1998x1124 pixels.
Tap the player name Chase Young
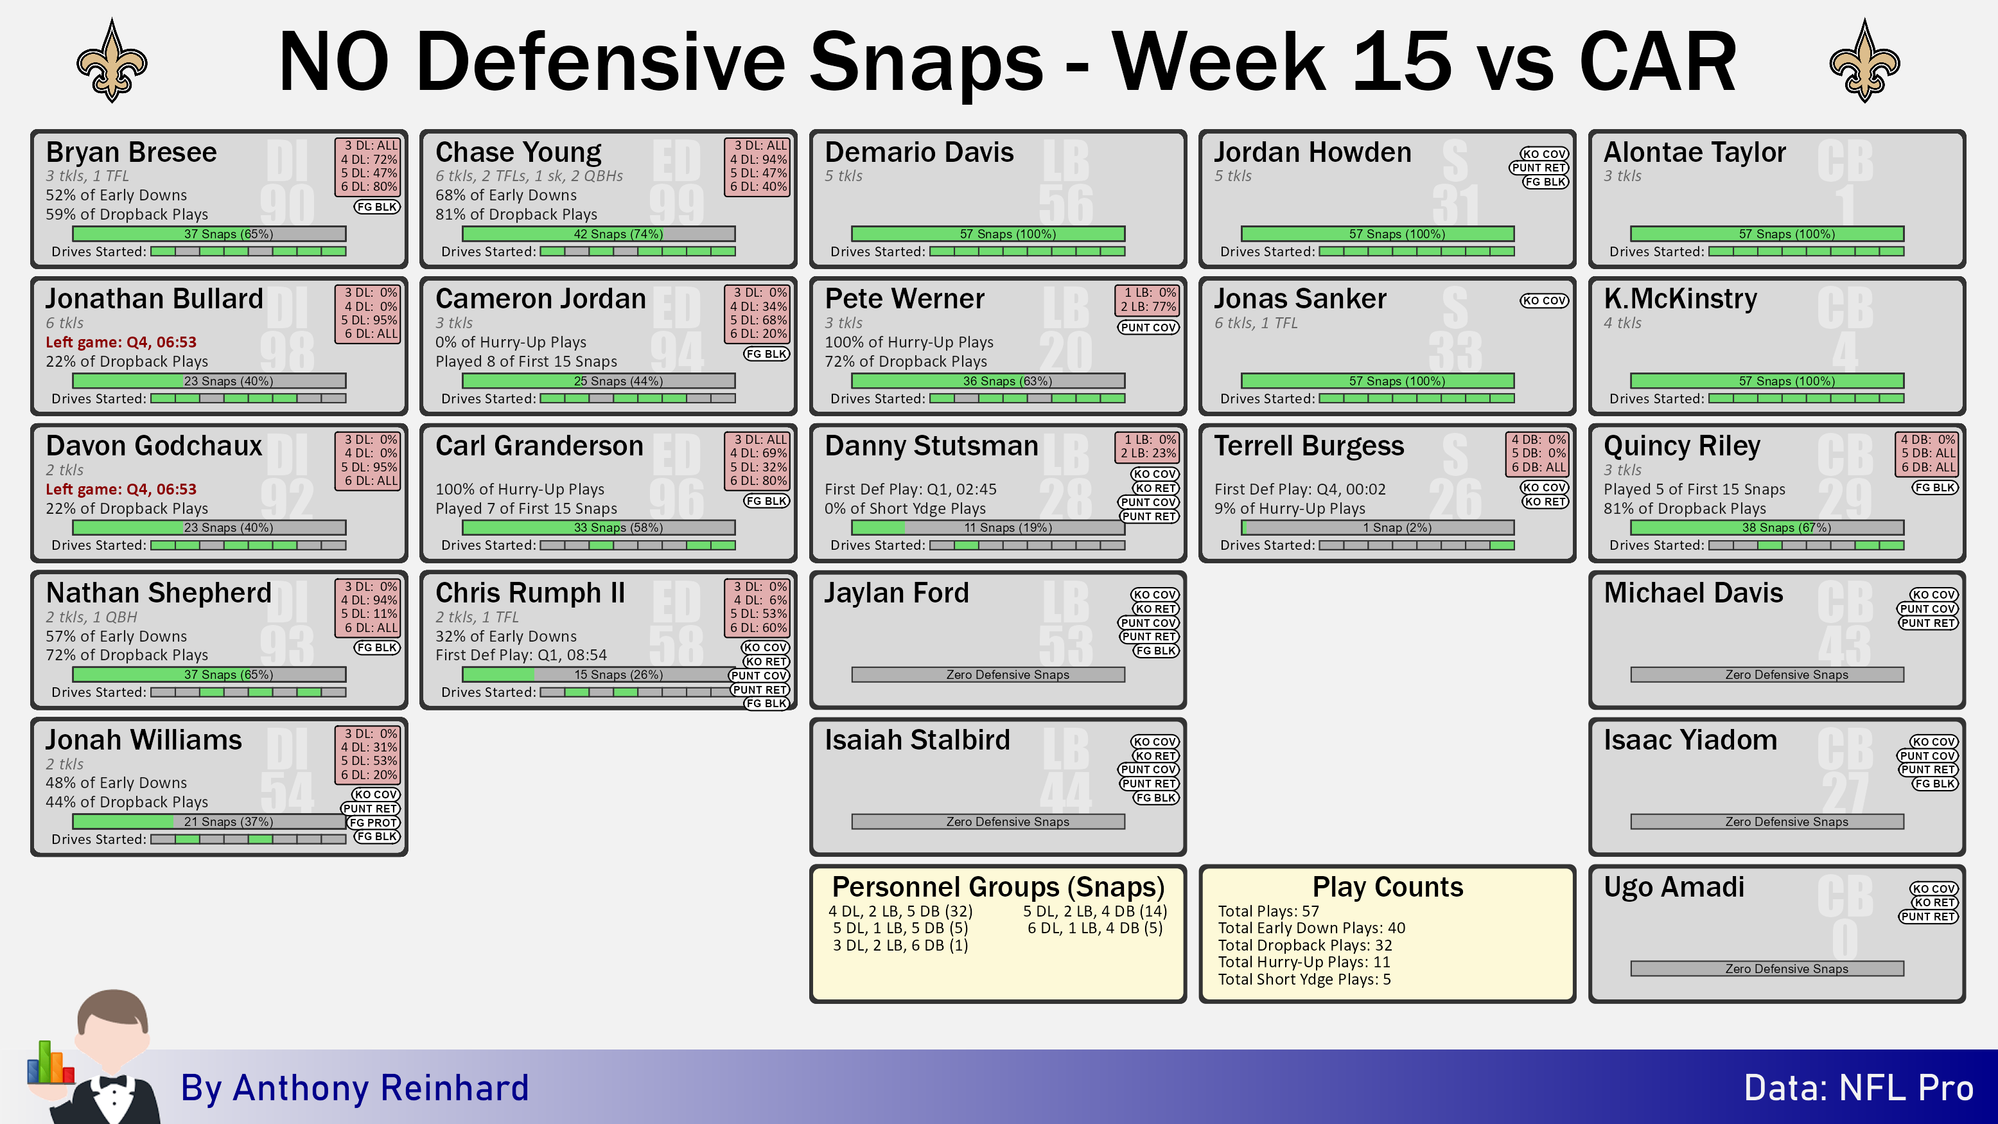518,152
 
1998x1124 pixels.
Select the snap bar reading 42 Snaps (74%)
599,234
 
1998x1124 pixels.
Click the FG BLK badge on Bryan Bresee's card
377,207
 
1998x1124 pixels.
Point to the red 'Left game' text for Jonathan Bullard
121,342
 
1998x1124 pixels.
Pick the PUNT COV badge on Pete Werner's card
1148,328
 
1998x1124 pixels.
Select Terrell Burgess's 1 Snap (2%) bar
1378,527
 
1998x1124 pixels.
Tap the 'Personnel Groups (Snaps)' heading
998,886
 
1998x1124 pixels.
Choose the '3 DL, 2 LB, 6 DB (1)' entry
900,945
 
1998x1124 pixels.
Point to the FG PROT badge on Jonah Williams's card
373,823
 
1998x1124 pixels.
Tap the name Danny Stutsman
931,446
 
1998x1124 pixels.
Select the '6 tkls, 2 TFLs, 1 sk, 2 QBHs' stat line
529,176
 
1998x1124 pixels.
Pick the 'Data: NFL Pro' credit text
1859,1088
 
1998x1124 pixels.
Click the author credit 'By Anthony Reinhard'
355,1088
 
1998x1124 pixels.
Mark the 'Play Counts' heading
1388,886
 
